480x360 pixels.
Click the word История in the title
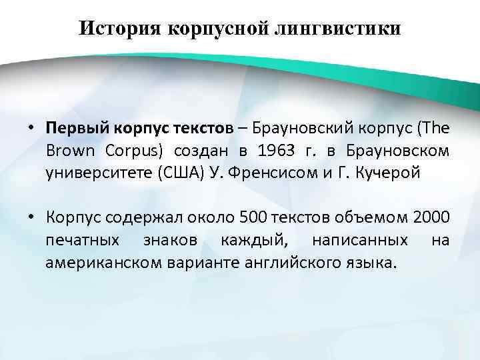(117, 29)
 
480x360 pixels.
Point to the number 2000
(431, 217)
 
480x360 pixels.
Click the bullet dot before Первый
(32, 127)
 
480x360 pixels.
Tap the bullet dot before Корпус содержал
(32, 217)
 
